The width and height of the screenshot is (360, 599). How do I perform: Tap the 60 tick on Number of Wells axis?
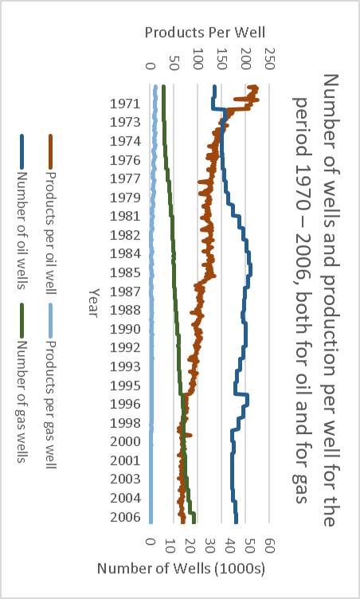click(270, 543)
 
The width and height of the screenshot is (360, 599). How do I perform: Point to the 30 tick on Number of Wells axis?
click(210, 543)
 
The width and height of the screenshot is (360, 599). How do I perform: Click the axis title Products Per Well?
click(205, 33)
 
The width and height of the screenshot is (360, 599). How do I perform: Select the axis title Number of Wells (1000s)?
click(181, 570)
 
